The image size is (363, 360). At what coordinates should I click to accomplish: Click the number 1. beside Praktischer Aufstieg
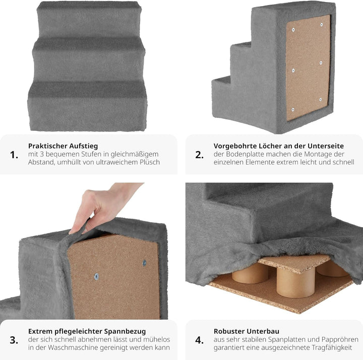14,155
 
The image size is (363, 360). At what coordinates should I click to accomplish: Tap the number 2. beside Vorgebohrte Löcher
200,155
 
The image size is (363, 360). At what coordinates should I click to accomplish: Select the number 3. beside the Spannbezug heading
14,340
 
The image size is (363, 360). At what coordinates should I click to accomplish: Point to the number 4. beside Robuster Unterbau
200,340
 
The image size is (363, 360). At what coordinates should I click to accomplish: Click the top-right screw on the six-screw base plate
322,24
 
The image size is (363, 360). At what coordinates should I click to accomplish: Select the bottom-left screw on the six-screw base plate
293,109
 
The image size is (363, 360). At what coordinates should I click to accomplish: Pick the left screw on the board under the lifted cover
96,276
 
